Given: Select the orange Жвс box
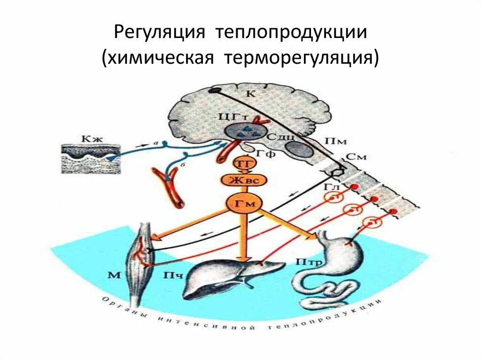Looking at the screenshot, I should point(242,181).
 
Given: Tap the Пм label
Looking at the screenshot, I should point(332,141).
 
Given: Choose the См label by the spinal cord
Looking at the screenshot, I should point(356,157).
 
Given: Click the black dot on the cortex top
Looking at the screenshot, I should point(215,91).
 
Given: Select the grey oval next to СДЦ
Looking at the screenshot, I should point(298,149).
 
